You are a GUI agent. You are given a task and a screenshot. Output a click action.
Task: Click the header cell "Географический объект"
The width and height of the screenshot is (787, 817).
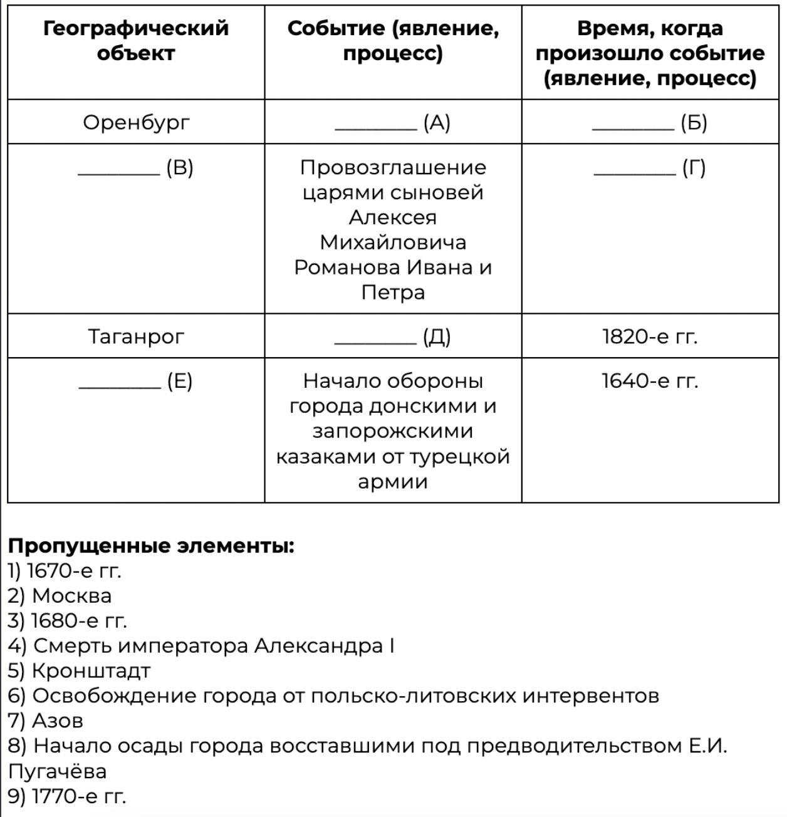coord(136,41)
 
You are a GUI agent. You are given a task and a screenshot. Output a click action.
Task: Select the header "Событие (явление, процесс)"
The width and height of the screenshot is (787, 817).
coord(393,41)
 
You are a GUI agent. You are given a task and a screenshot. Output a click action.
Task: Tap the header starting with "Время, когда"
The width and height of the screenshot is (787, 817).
coord(650,53)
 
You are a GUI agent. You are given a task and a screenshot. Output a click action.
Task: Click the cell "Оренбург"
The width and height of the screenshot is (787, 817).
coord(136,122)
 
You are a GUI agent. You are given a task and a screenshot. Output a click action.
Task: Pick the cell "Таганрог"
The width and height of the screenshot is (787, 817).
coord(136,336)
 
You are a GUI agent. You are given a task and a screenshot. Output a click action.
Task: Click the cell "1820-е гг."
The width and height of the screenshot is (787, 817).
coord(650,336)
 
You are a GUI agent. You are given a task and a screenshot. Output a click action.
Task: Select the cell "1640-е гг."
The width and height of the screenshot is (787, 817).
coord(650,381)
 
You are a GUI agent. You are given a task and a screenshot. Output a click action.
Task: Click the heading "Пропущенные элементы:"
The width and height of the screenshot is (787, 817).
coord(151,546)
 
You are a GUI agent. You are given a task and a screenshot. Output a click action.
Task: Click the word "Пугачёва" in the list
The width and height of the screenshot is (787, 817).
coord(57,771)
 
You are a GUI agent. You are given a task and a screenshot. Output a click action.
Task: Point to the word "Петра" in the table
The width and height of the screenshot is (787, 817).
coord(393,293)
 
